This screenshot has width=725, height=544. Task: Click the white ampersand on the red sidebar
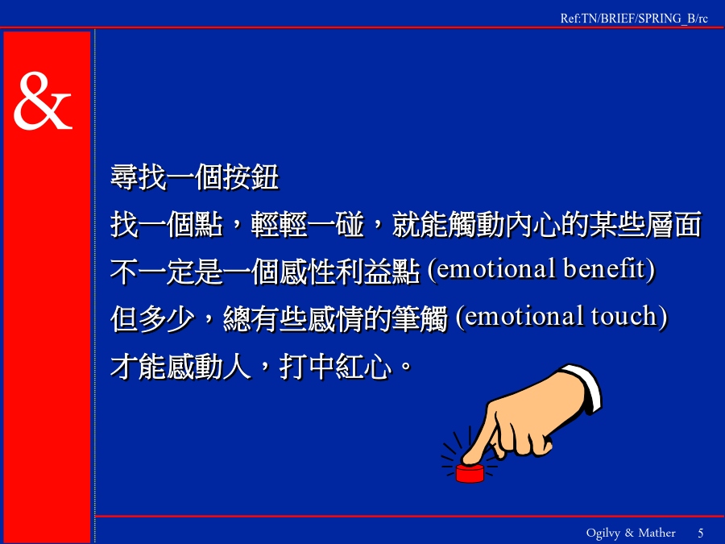pyautogui.click(x=43, y=101)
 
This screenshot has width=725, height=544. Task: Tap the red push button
pyautogui.click(x=470, y=473)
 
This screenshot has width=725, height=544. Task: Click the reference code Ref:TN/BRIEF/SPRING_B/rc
pyautogui.click(x=634, y=19)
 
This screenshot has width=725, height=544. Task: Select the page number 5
pyautogui.click(x=701, y=533)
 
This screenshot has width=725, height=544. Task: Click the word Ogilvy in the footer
pyautogui.click(x=603, y=534)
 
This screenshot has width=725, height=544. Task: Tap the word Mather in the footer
pyautogui.click(x=657, y=533)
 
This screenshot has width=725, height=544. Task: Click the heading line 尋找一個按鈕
pyautogui.click(x=195, y=177)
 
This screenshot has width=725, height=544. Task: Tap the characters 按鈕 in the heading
pyautogui.click(x=251, y=177)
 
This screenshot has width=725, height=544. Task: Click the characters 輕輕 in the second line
pyautogui.click(x=280, y=225)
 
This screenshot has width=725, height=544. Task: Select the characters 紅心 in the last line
pyautogui.click(x=364, y=368)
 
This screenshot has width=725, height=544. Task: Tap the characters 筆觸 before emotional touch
pyautogui.click(x=420, y=318)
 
